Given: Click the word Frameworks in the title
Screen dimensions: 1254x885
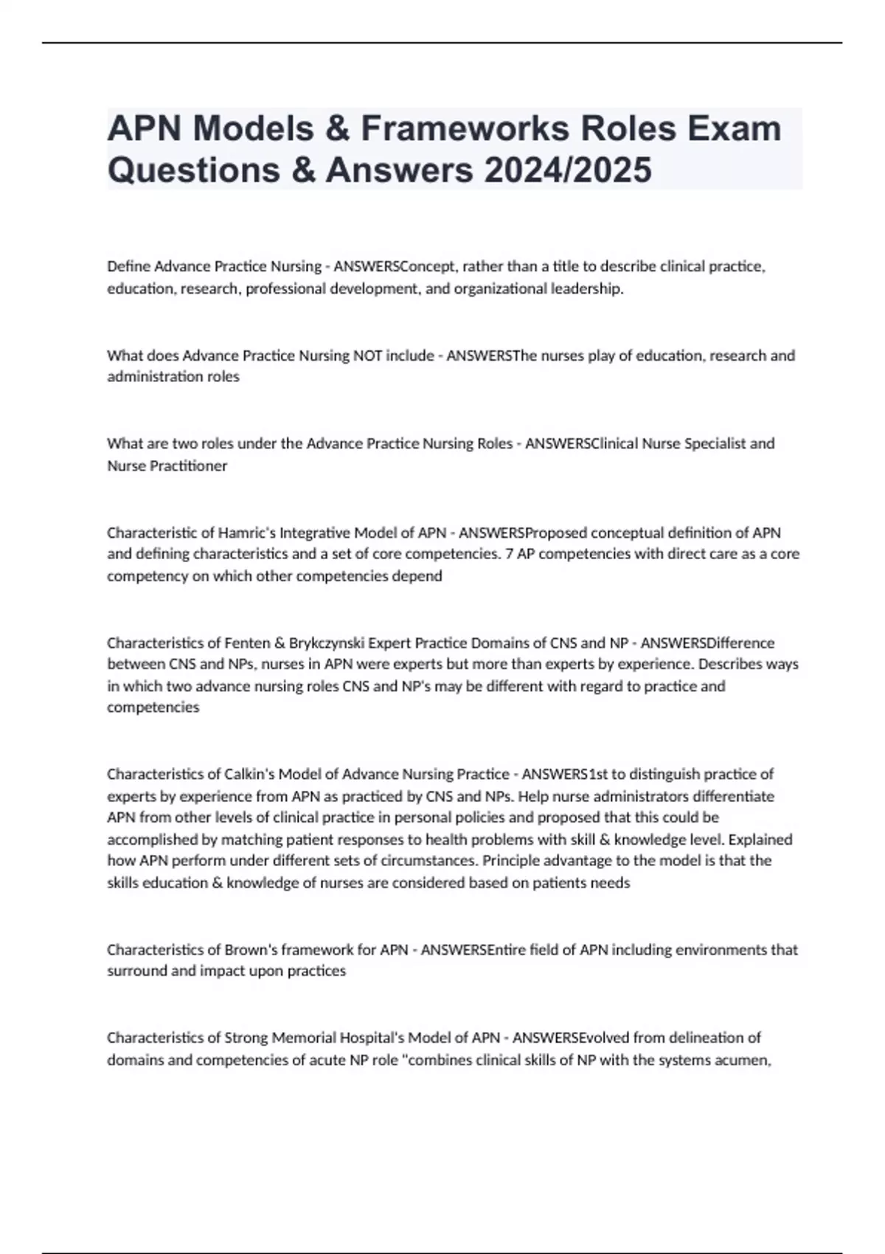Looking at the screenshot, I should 465,128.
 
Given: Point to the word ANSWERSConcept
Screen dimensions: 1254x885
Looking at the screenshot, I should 395,266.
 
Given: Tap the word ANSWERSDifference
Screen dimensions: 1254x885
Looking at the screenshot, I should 707,642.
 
